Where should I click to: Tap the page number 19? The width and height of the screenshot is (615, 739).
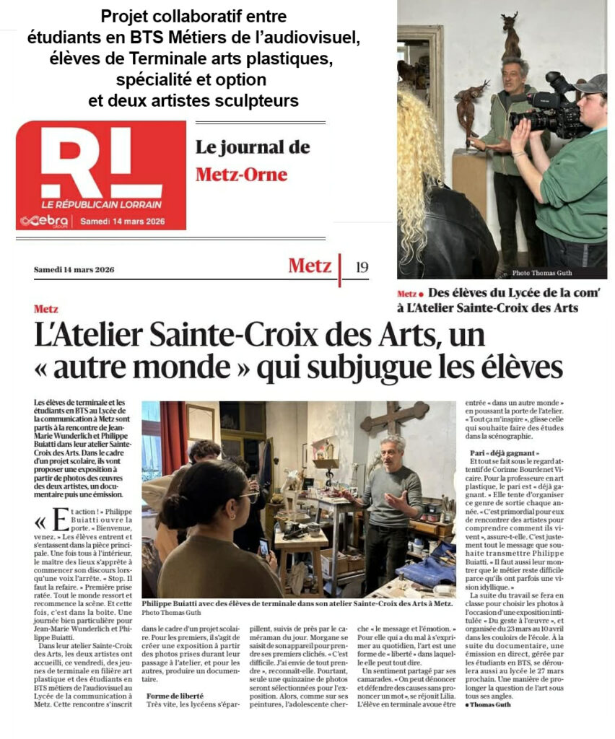(362, 267)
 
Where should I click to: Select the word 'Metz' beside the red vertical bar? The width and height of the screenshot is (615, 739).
(310, 266)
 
